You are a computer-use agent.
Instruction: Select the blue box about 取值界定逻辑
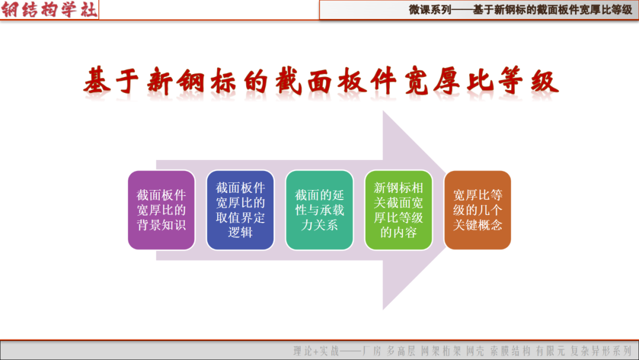click(x=240, y=210)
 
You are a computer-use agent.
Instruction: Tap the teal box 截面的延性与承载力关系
click(x=319, y=210)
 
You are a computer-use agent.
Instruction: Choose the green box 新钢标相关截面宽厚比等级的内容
click(x=398, y=210)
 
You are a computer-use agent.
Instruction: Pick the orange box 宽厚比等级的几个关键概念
click(x=477, y=210)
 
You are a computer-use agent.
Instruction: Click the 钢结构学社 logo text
click(x=49, y=9)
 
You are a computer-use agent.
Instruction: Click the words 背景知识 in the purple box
click(x=162, y=225)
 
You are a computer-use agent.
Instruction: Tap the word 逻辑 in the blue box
click(x=240, y=233)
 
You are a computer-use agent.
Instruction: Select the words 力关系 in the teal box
click(x=319, y=225)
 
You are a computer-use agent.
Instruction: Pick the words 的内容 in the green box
click(x=398, y=233)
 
